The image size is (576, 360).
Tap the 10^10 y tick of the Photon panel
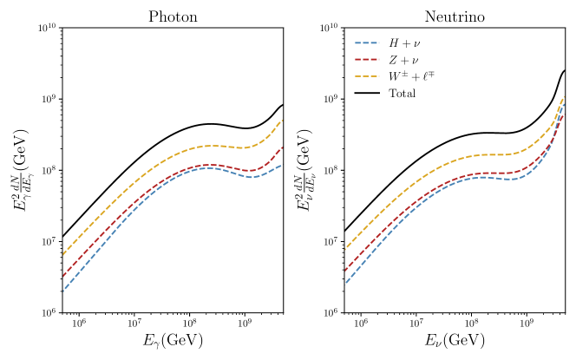(x=46, y=29)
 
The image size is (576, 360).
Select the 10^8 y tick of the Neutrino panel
(x=331, y=170)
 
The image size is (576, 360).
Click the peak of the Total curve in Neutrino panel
(x=565, y=70)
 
